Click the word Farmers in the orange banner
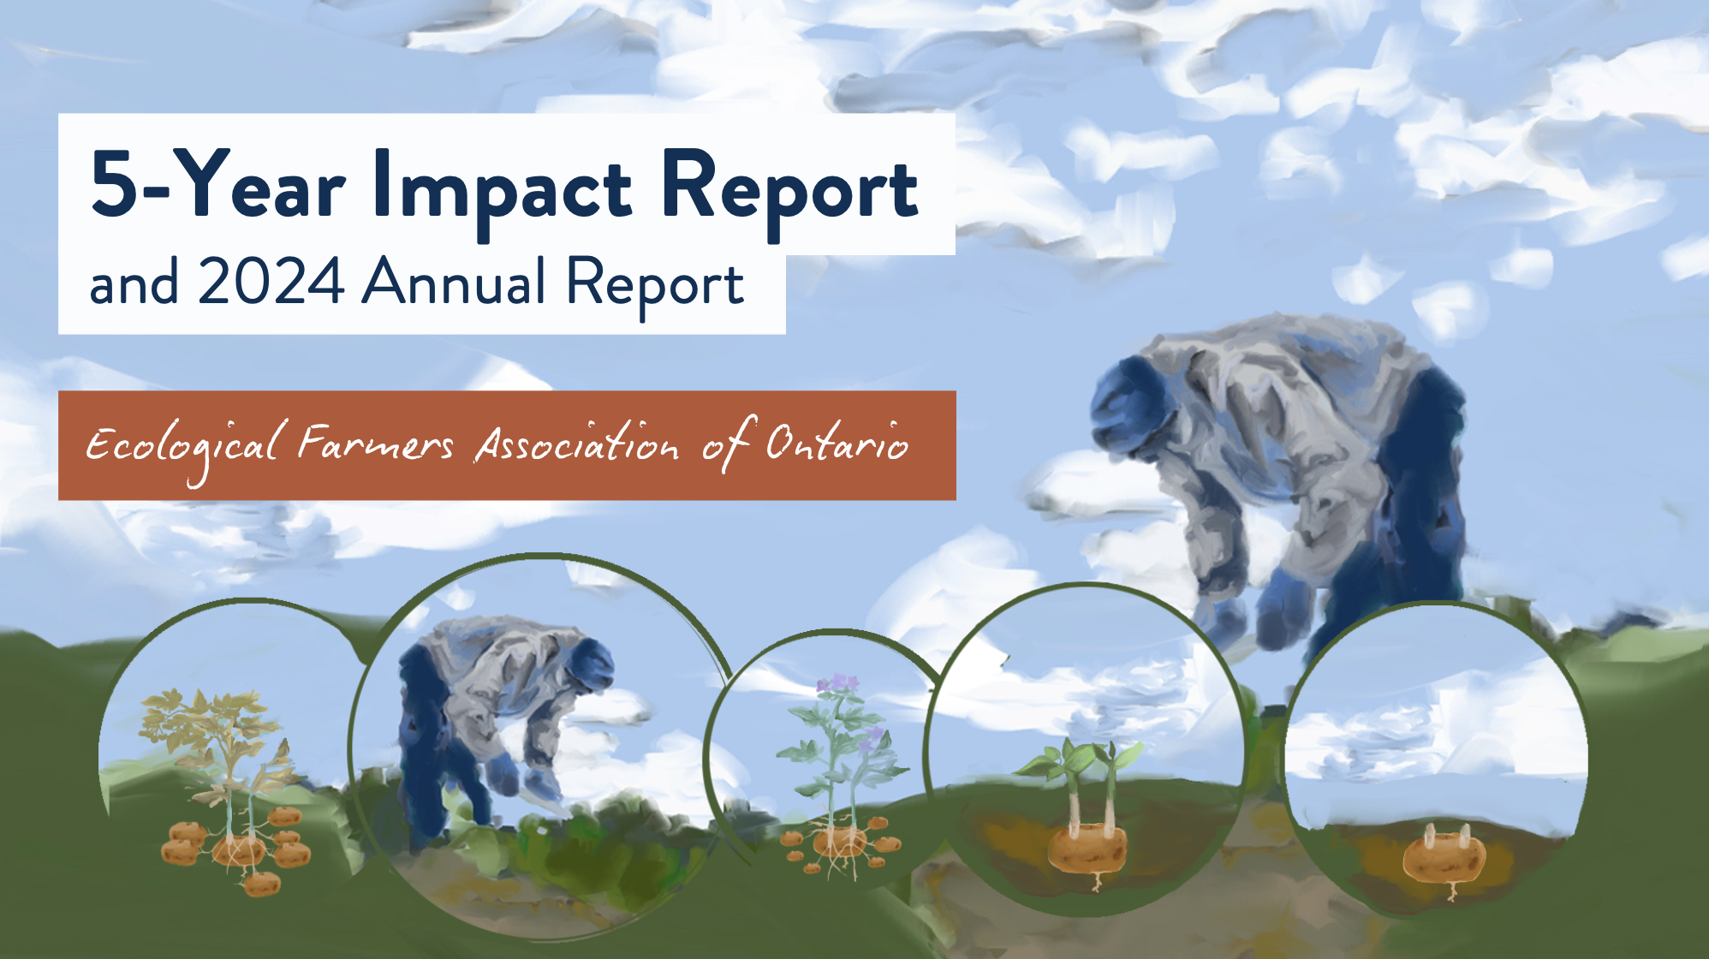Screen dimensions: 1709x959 (x=375, y=443)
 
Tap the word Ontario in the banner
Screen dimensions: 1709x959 (x=837, y=442)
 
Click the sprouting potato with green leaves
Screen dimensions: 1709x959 (x=1087, y=805)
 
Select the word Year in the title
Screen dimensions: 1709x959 (x=265, y=182)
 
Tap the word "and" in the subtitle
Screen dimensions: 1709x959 (x=134, y=283)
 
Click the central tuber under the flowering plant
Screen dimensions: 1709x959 (x=839, y=844)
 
